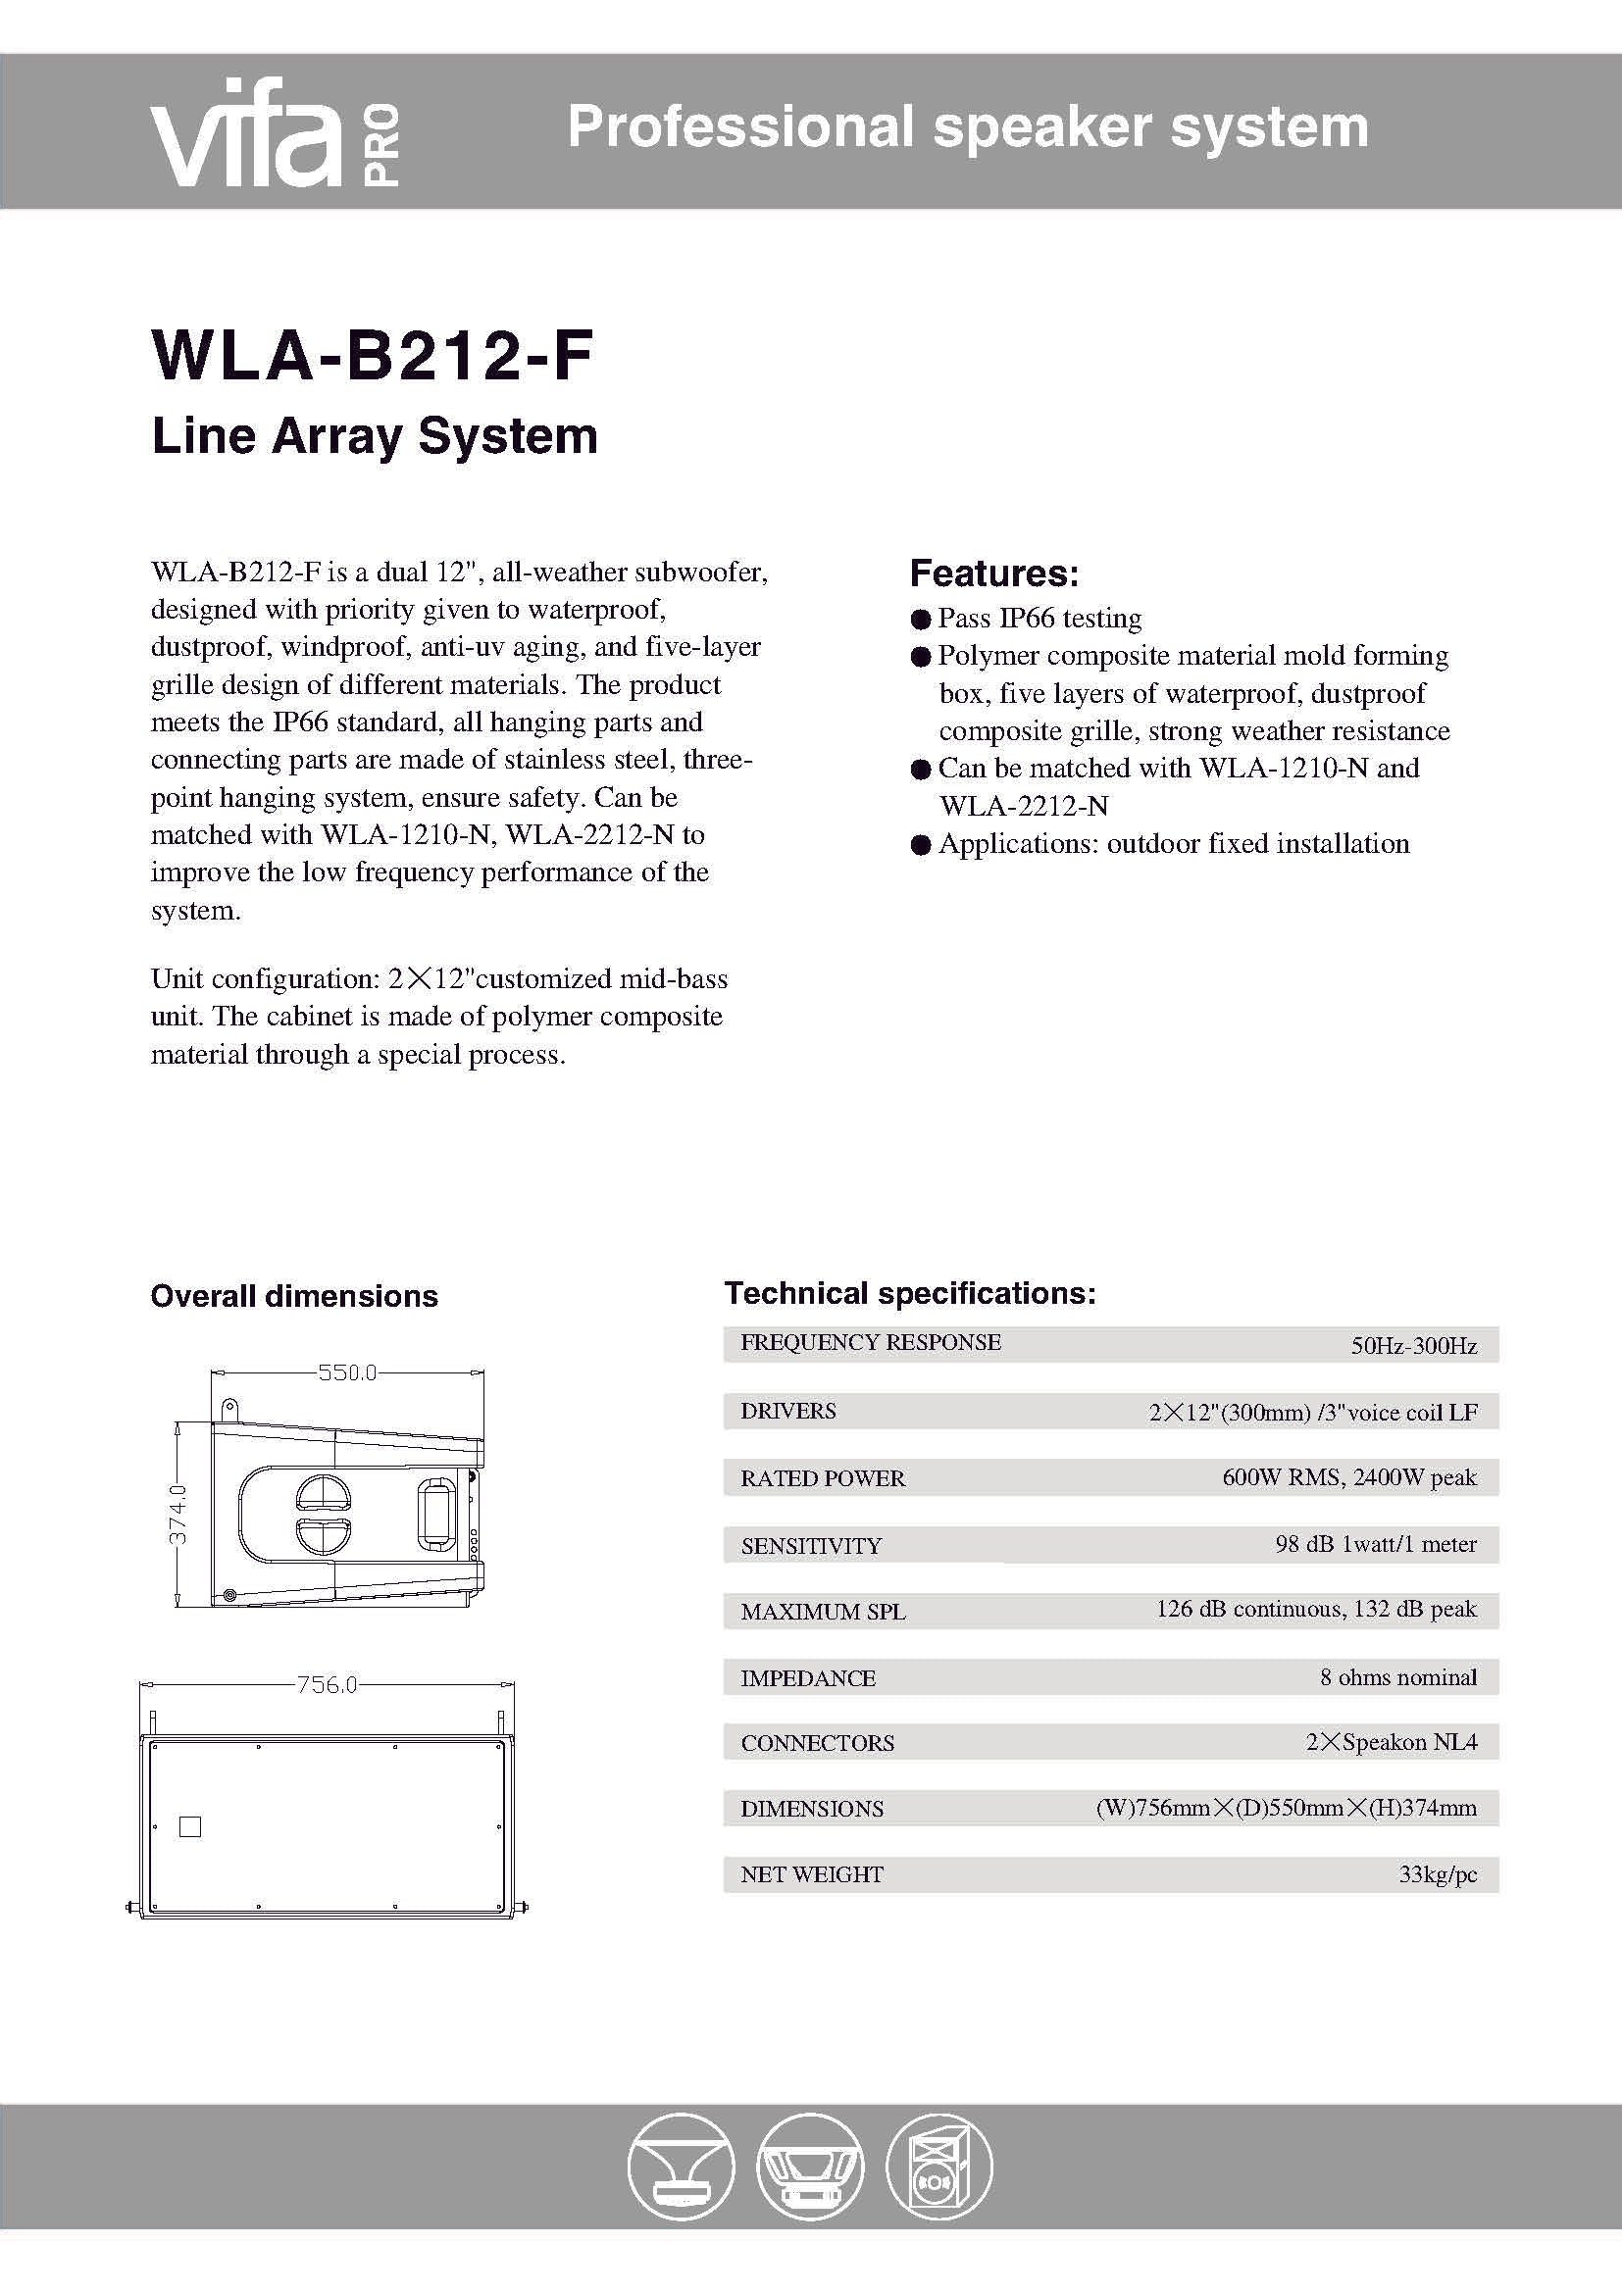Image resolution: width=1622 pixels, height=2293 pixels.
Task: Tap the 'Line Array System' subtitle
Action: click(375, 436)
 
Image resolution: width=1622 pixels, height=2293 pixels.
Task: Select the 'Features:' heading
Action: click(993, 573)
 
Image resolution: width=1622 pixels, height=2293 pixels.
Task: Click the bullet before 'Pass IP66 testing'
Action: click(921, 620)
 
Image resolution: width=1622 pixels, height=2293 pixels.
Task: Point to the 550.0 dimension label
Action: click(346, 1372)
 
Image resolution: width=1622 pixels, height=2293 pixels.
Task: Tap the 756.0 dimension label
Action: click(327, 1685)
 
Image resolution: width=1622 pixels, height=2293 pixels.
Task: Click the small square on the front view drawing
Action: click(190, 1826)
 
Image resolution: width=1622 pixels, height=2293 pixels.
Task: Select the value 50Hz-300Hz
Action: click(1413, 1345)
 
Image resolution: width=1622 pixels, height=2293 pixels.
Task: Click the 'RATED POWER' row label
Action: click(822, 1478)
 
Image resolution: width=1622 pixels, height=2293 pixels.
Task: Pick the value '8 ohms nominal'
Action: click(1397, 1676)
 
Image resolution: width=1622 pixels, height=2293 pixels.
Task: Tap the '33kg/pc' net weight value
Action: click(1438, 1874)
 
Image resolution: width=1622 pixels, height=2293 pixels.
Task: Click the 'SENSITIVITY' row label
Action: click(811, 1546)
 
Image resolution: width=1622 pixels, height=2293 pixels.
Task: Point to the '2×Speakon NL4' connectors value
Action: click(1392, 1742)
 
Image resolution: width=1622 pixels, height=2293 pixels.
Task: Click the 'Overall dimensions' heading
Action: click(294, 1296)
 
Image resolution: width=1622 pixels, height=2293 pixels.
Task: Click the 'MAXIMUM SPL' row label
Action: click(823, 1612)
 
